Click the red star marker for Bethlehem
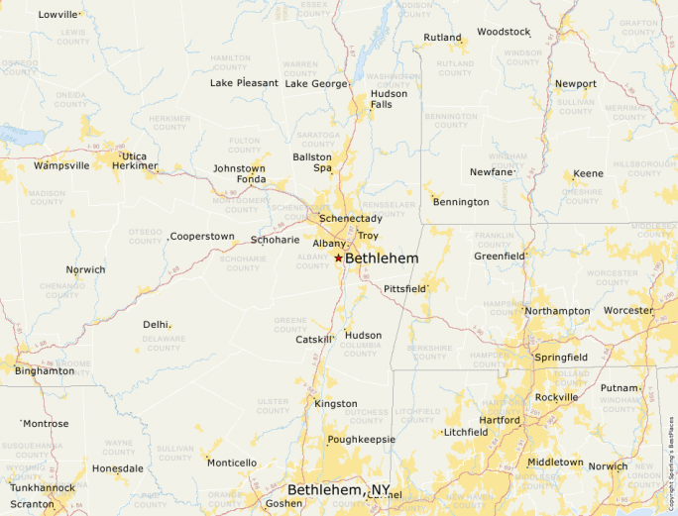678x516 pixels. click(x=338, y=258)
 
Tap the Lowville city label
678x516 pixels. click(x=57, y=15)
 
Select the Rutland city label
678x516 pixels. click(x=442, y=38)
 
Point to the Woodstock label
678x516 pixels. click(x=504, y=32)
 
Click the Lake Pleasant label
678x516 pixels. click(x=244, y=83)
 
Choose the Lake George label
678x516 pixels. click(x=316, y=83)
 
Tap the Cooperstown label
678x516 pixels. click(x=202, y=237)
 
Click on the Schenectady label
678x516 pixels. click(x=350, y=218)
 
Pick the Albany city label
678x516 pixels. click(x=329, y=243)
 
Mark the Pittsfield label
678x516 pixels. click(x=404, y=289)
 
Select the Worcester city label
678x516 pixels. click(x=628, y=310)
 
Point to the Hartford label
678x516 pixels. click(x=500, y=420)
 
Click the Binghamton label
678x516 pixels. click(x=44, y=370)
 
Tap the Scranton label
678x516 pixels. click(x=33, y=504)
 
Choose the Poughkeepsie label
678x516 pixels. click(x=362, y=439)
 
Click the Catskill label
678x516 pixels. click(x=314, y=340)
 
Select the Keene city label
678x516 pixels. click(x=588, y=174)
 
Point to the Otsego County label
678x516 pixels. click(x=145, y=236)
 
